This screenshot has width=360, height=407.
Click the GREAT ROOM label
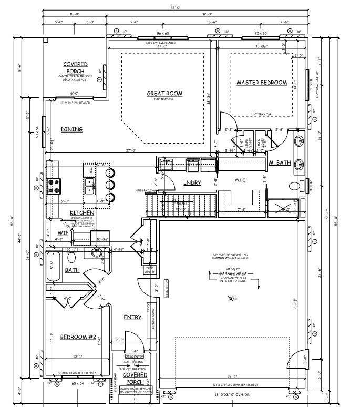coord(164,94)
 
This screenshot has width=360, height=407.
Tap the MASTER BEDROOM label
coord(261,83)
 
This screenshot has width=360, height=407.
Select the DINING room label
coord(71,129)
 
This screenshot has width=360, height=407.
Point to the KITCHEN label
coord(81,212)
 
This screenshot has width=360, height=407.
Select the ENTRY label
coord(132,317)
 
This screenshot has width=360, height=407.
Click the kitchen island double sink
coord(90,184)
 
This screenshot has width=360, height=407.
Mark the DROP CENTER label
coord(150,271)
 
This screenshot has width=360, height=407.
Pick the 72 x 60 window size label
coord(261,33)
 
